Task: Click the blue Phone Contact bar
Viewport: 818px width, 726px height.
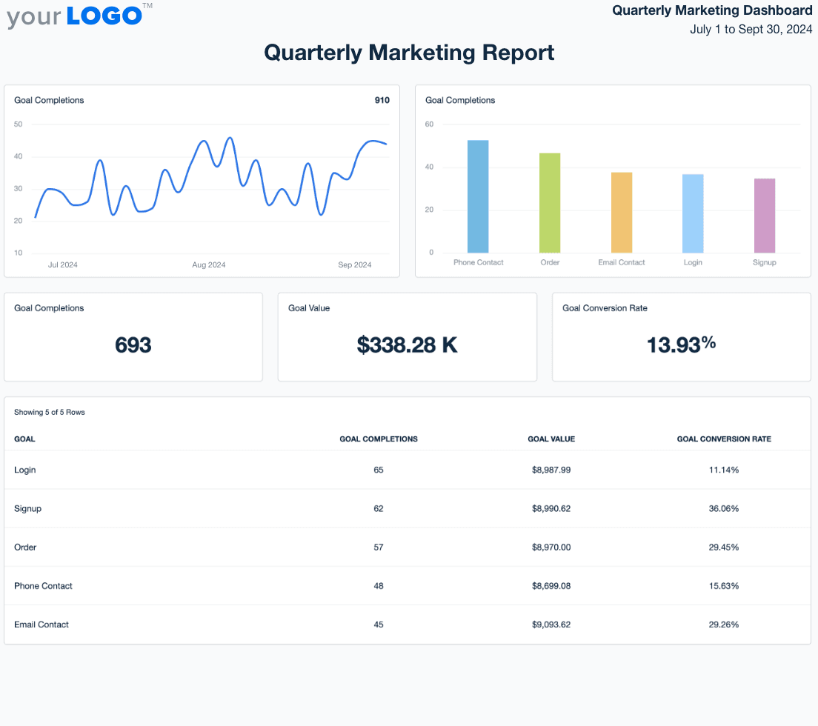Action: tap(478, 196)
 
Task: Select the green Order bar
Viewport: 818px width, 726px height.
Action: tap(550, 203)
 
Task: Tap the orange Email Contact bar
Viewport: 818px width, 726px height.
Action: tap(622, 213)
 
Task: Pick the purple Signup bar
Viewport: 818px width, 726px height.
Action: tap(765, 216)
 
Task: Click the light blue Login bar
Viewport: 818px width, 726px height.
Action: tap(693, 213)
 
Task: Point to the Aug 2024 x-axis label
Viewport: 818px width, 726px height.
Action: tap(209, 265)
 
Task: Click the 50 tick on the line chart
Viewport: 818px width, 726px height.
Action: tap(18, 124)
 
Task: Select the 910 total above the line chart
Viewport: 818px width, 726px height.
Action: tap(382, 101)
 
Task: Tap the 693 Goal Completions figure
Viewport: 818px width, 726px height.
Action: tap(133, 344)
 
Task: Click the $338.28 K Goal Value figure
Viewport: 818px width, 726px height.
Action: tap(407, 344)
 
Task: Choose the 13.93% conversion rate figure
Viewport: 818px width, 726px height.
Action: tap(681, 344)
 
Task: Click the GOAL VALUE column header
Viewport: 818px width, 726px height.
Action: tap(551, 439)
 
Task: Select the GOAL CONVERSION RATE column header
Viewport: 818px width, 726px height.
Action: tap(724, 439)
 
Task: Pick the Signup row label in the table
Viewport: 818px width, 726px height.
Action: tap(27, 509)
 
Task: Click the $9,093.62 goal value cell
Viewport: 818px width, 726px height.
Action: tap(551, 625)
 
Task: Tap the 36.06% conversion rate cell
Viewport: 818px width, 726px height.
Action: tap(724, 509)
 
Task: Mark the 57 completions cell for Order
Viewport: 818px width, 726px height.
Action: tap(379, 547)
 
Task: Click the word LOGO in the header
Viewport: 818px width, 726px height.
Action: tap(104, 16)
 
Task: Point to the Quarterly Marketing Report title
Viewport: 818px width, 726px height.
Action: tap(409, 53)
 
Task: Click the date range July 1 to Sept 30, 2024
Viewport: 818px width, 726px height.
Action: tap(751, 30)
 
